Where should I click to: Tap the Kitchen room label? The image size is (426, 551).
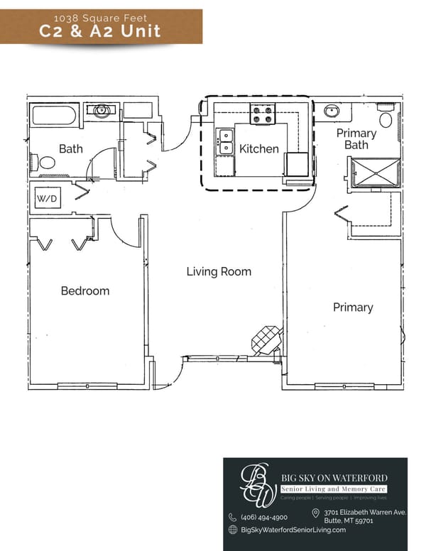pos(258,149)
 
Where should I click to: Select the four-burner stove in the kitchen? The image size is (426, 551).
pos(262,114)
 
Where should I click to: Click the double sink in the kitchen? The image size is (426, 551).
pos(226,141)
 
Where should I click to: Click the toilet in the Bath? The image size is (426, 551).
pos(47,163)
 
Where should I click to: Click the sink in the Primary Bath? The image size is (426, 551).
pos(332,111)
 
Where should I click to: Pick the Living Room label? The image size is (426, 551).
pos(219,271)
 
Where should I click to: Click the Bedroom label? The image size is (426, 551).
pos(85,290)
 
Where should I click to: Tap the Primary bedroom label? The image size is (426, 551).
pos(353,307)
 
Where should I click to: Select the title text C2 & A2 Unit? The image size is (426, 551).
pos(100,30)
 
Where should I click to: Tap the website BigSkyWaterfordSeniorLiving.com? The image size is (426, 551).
pos(293,530)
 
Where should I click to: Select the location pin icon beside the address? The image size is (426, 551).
pos(315,513)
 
